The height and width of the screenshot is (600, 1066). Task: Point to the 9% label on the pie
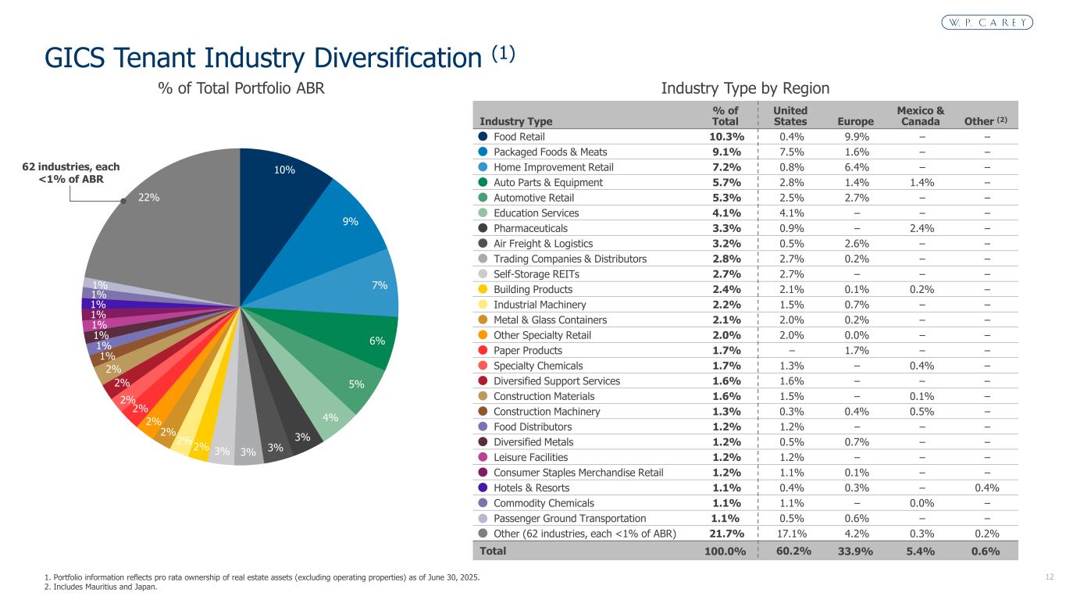351,222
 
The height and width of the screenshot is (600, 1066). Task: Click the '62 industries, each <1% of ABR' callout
71,173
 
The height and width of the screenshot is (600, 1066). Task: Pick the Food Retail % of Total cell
726,137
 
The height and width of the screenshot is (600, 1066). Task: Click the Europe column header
855,121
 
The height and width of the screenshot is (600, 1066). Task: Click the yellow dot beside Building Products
483,289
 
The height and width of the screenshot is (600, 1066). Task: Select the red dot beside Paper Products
483,350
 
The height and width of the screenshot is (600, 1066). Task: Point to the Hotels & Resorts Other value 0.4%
987,488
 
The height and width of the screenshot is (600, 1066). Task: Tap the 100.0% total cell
725,551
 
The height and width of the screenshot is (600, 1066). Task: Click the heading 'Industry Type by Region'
745,88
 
